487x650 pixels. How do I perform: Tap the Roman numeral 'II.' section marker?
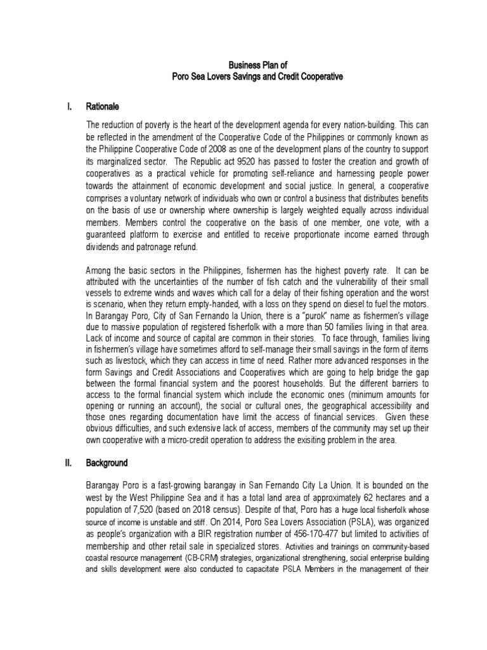70,463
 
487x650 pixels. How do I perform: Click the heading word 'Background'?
109,463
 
